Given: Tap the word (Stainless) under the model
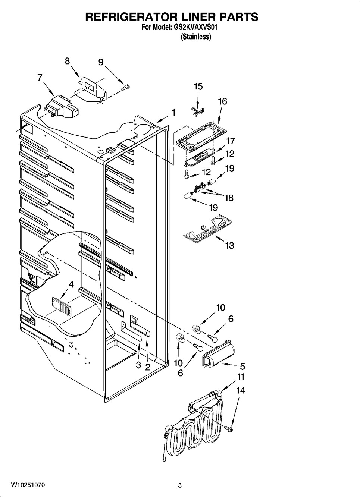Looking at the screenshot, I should (x=195, y=37).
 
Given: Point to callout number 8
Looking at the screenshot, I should (x=67, y=61).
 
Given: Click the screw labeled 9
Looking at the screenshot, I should (x=126, y=87).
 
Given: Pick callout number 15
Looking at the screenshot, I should (x=198, y=86).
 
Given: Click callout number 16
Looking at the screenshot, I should (x=222, y=101).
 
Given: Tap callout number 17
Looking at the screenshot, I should (x=231, y=141).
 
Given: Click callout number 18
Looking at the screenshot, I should (x=229, y=198).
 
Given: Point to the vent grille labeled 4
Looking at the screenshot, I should (x=60, y=305).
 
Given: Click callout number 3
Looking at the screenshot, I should (x=138, y=365).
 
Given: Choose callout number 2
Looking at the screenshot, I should (x=148, y=367).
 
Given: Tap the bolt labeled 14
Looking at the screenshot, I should (x=228, y=430).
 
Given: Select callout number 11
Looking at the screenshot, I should (x=241, y=377).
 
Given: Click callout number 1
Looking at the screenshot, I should (x=173, y=112).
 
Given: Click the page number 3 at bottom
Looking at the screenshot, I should (x=180, y=485).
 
